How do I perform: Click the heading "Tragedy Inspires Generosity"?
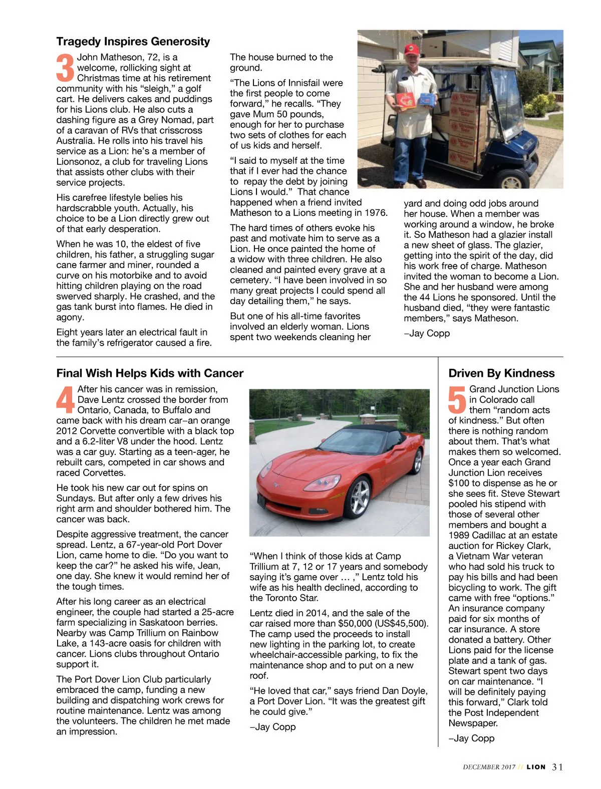[133, 42]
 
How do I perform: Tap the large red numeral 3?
[65, 68]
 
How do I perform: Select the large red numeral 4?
[66, 399]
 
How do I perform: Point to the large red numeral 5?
[457, 399]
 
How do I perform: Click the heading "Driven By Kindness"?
[501, 373]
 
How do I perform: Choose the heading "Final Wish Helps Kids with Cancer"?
[150, 373]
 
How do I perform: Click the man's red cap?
[412, 49]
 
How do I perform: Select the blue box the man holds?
[426, 100]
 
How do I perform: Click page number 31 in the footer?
[557, 767]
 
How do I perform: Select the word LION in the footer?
[536, 767]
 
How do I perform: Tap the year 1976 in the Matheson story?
[376, 213]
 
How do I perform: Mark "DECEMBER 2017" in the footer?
[489, 767]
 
